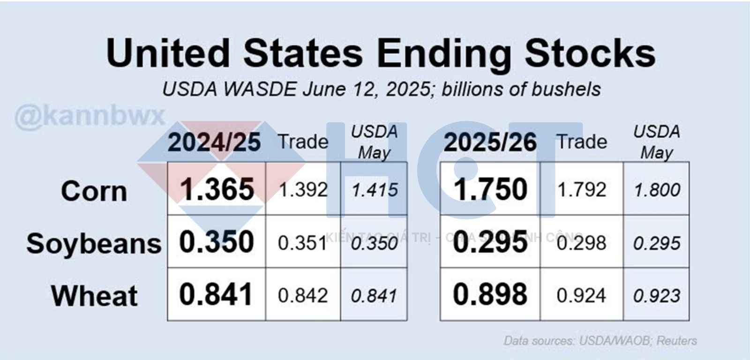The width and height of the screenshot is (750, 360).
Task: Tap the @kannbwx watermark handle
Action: (90, 116)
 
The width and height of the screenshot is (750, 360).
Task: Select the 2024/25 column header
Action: (214, 142)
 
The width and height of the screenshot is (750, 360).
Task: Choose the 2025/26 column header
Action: (490, 142)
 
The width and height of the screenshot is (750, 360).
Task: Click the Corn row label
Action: (94, 191)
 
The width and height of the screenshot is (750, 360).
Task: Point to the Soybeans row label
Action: (94, 244)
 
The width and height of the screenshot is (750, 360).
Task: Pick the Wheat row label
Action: (94, 296)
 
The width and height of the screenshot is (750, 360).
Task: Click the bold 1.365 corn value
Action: (217, 189)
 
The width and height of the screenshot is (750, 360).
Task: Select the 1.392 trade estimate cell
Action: (303, 190)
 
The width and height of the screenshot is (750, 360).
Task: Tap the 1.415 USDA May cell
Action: (375, 190)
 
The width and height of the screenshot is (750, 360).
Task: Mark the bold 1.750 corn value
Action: (490, 189)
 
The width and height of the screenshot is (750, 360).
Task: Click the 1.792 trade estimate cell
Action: (582, 190)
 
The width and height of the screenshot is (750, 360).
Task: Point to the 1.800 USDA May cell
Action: (657, 190)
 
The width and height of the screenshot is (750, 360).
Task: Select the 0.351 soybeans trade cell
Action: (302, 243)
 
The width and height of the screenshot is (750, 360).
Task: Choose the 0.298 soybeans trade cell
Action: (582, 243)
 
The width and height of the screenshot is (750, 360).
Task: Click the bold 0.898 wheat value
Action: (490, 294)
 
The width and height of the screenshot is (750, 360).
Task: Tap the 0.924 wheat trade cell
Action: (582, 295)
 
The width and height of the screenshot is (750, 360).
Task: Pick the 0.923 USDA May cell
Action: (657, 295)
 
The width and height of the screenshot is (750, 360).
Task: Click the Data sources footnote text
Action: (600, 341)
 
